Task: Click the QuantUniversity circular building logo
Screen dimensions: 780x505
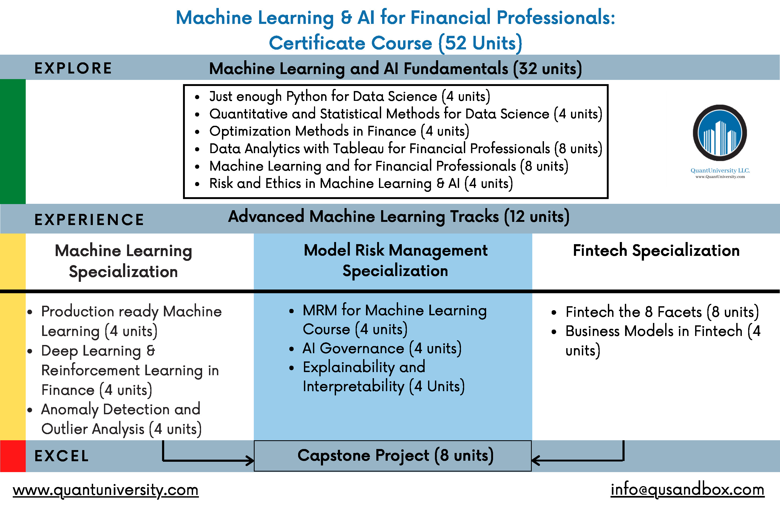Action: tap(720, 133)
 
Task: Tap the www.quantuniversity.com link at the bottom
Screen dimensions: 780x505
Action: tap(106, 490)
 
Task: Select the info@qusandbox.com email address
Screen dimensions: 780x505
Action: tap(687, 490)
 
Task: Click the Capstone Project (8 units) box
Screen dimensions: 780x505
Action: tap(393, 456)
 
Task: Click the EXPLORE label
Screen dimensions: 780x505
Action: tap(73, 68)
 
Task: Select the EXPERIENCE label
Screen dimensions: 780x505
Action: tap(89, 219)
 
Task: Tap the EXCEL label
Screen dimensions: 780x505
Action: tap(62, 456)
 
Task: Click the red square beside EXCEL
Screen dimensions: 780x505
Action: tap(13, 456)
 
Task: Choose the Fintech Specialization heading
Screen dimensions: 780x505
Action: tap(656, 251)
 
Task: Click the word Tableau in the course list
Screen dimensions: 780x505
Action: tap(359, 149)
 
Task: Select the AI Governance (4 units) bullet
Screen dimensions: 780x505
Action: tap(382, 348)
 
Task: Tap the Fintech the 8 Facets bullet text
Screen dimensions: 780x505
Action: tap(662, 312)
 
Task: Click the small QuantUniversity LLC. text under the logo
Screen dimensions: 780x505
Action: tap(720, 171)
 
